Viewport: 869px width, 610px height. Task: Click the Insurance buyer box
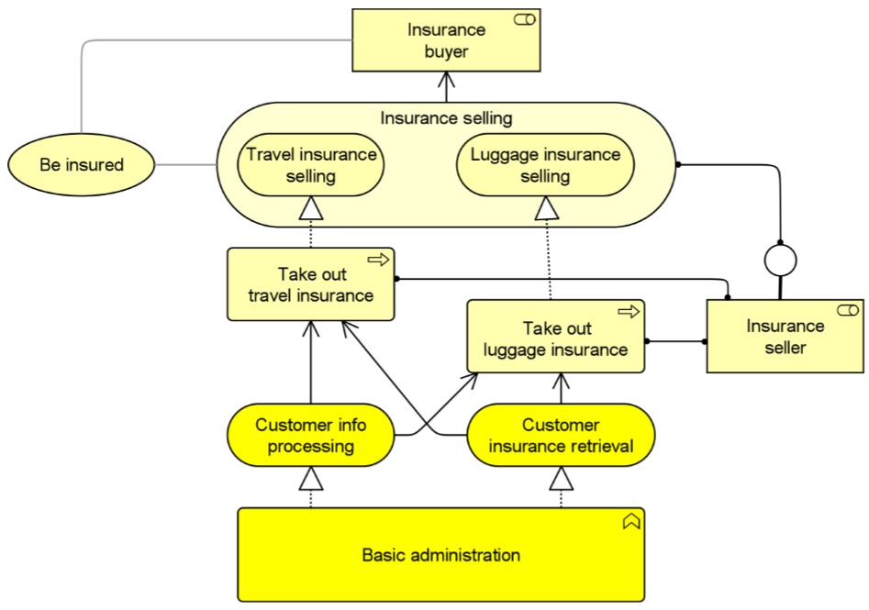tap(447, 41)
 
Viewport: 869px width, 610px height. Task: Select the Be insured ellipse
tap(82, 165)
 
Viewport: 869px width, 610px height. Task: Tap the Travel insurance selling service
tap(311, 165)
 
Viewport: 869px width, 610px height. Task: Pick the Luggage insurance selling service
tap(545, 165)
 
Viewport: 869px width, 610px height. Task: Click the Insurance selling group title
tap(446, 118)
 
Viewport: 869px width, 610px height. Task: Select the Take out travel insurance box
tap(311, 284)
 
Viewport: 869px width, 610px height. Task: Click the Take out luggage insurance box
tap(555, 338)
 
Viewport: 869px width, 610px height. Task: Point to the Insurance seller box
tap(785, 338)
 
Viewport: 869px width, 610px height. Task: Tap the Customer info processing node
tap(311, 436)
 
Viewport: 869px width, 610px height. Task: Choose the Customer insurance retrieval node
tap(561, 436)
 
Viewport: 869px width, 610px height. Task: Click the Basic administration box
tap(440, 555)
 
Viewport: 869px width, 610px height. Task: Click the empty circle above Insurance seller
tap(780, 261)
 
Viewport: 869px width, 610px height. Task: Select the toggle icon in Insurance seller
tap(848, 310)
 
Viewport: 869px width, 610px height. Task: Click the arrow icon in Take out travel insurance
tap(378, 261)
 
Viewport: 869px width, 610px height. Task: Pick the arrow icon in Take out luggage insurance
tap(629, 312)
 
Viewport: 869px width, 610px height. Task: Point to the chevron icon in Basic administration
tap(630, 521)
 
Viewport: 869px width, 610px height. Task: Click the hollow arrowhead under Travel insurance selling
tap(311, 212)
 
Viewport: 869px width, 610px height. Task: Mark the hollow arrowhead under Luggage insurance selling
tap(547, 211)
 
